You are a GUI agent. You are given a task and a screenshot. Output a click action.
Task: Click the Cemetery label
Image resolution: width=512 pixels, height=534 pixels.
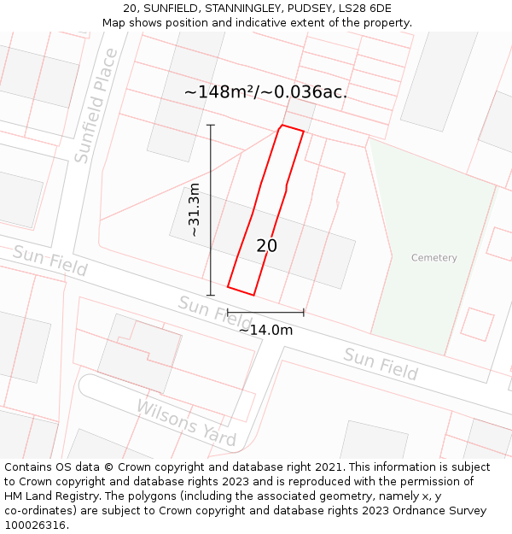[x=433, y=257]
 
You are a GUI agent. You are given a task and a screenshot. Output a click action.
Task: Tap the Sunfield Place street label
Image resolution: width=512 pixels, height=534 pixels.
[x=96, y=106]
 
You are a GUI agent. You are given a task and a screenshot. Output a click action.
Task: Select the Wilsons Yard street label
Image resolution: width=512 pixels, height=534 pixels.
[x=186, y=422]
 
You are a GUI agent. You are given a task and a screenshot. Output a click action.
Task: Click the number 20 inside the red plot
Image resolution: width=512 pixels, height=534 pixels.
[x=266, y=246]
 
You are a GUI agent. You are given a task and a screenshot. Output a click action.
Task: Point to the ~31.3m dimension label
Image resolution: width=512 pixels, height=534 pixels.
[x=194, y=210]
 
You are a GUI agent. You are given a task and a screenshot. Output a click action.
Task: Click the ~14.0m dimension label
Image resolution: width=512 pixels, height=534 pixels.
[x=265, y=330]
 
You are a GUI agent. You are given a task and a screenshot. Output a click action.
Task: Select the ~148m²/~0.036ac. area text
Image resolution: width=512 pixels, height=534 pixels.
[x=265, y=92]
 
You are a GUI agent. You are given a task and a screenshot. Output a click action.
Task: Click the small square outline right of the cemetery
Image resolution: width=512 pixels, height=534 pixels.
[x=477, y=325]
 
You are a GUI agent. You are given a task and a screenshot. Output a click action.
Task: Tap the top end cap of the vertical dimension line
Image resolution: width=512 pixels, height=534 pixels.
[x=211, y=126]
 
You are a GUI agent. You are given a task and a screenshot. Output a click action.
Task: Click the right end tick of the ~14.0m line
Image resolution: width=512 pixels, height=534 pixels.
[x=304, y=312]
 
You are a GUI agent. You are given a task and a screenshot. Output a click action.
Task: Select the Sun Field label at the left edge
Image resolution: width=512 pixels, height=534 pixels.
[x=49, y=261]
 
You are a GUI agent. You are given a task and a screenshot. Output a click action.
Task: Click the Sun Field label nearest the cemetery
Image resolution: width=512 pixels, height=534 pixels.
[x=381, y=364]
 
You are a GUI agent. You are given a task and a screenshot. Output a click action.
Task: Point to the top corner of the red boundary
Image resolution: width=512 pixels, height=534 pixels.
[x=282, y=126]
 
